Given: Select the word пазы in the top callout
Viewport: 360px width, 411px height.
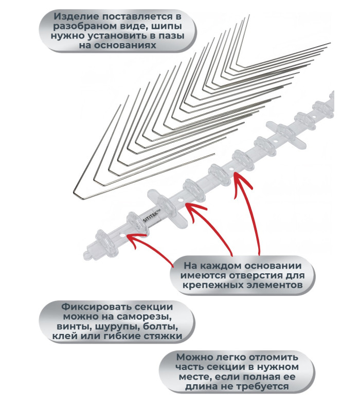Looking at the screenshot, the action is (171, 35).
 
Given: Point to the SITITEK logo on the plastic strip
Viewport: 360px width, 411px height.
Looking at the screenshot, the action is (151, 216).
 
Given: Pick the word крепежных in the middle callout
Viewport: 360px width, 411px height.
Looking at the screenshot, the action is (210, 285).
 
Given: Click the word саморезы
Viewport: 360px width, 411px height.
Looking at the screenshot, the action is (144, 316).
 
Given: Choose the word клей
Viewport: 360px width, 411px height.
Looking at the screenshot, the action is (64, 336).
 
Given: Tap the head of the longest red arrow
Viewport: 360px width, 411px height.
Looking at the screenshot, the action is (236, 175).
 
